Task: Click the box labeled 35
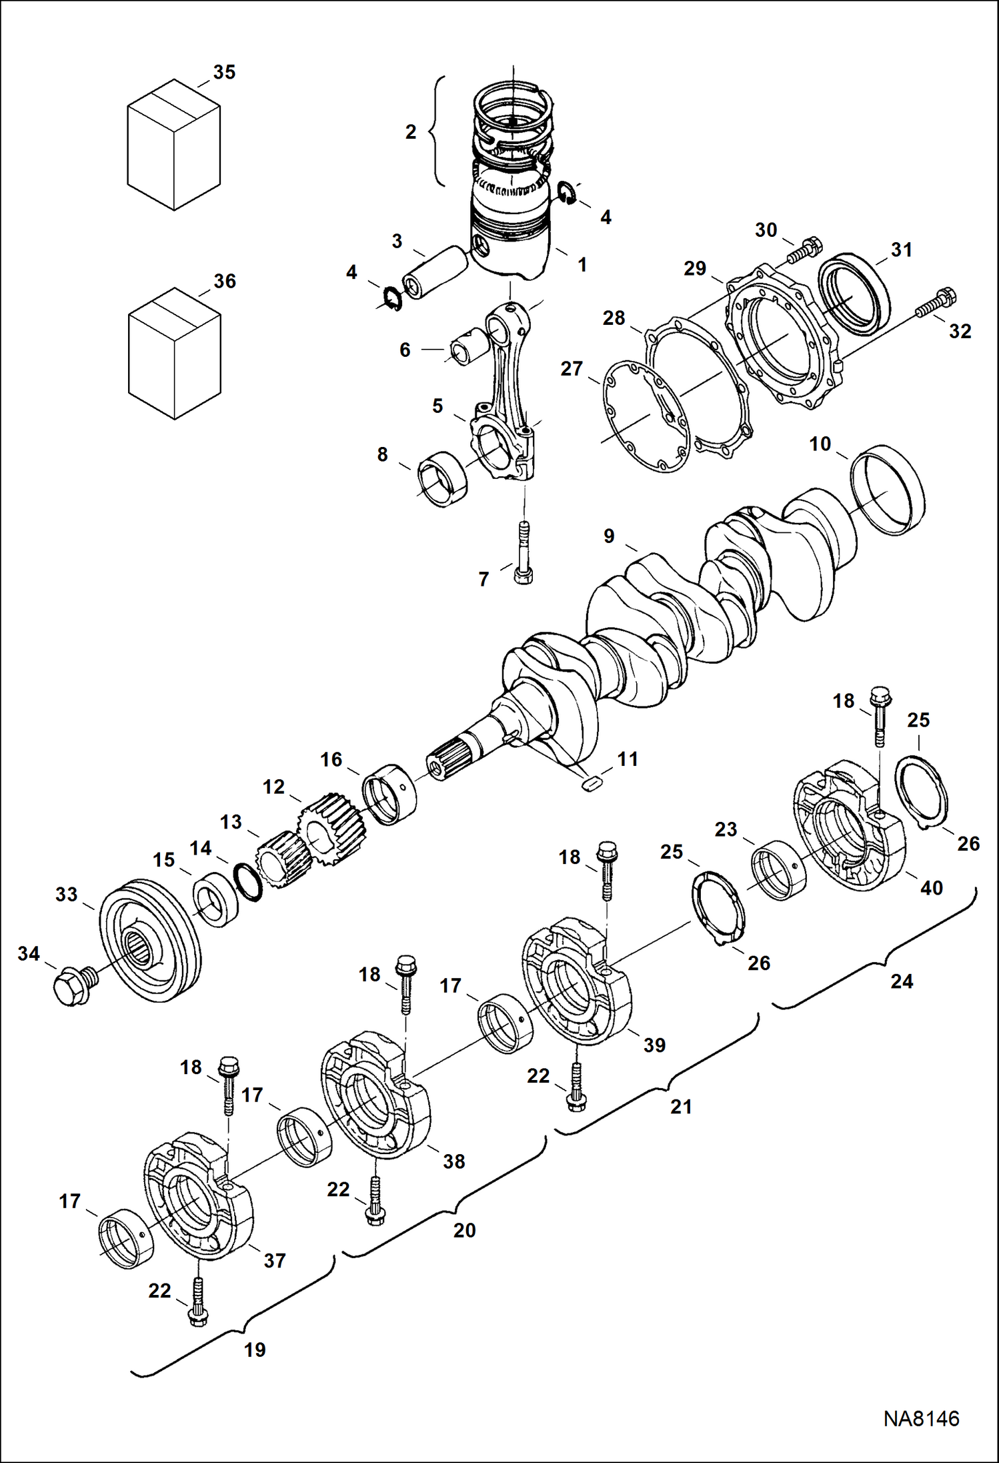[x=173, y=145]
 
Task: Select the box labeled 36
[x=173, y=354]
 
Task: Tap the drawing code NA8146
[x=921, y=1418]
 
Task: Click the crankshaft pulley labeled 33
[x=149, y=941]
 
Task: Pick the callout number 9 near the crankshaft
[x=608, y=536]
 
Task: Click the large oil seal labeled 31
[x=854, y=294]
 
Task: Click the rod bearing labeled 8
[x=441, y=479]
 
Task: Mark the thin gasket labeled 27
[x=646, y=416]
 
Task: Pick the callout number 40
[x=931, y=888]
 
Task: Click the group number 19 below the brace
[x=255, y=1350]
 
